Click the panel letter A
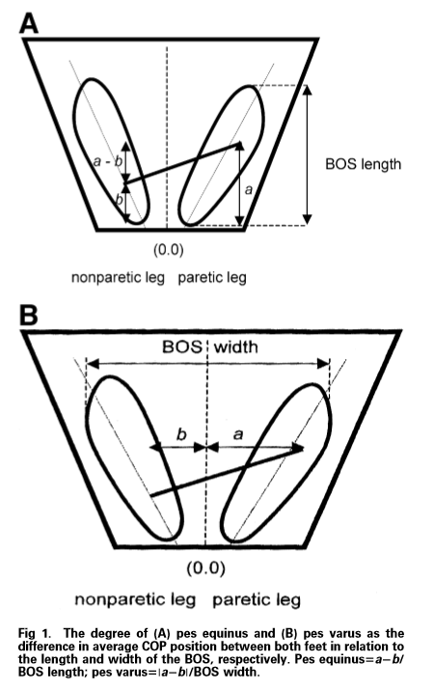[29, 23]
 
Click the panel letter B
[29, 315]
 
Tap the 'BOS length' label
[364, 165]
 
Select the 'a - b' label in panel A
[108, 161]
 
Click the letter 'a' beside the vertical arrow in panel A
[249, 190]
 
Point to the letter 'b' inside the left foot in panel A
[119, 200]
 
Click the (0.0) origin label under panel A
[169, 250]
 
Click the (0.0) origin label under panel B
[205, 568]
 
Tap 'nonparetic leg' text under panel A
[118, 278]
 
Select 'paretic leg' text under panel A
[212, 278]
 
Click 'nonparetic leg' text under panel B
[135, 599]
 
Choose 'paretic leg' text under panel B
[257, 599]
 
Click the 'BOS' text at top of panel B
[182, 346]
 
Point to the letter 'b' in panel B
[181, 434]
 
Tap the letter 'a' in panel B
[238, 435]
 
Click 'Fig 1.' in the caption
[34, 634]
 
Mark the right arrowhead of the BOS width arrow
[323, 364]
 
